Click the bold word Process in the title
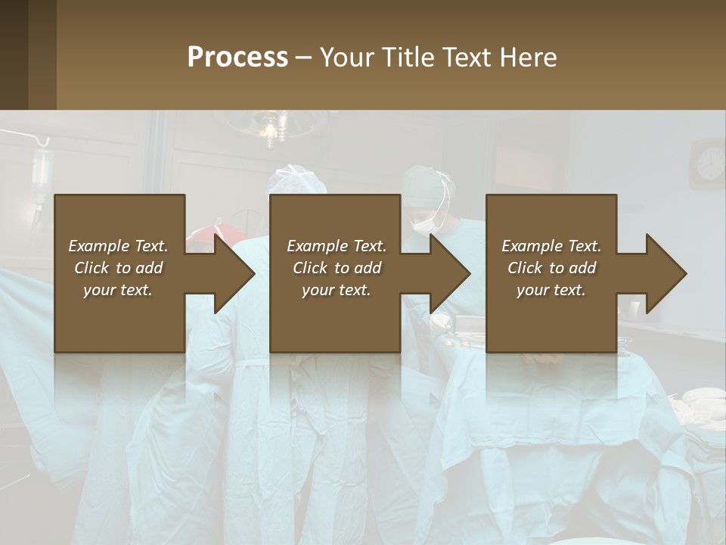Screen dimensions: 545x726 coord(237,58)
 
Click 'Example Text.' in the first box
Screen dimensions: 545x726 coord(118,246)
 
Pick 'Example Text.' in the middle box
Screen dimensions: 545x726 coord(337,246)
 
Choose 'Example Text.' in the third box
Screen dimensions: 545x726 coord(551,246)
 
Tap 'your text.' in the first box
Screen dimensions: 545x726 coord(118,290)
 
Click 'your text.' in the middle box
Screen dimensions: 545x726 coord(337,290)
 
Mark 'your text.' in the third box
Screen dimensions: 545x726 coord(551,290)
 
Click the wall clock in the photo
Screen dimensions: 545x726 coord(710,163)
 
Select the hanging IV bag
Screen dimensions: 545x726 coord(41,170)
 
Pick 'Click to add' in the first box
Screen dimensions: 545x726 coord(118,268)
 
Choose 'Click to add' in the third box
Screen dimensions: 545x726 coord(551,268)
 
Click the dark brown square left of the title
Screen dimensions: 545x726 coord(28,54)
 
